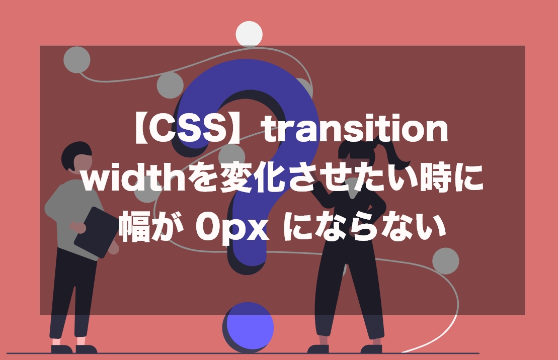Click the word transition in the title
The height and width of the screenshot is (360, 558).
click(x=356, y=128)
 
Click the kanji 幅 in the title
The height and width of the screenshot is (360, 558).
click(x=135, y=226)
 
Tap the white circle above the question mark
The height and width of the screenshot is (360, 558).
click(x=249, y=34)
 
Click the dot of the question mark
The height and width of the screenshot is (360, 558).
click(x=249, y=326)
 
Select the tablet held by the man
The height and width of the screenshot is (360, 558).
click(x=96, y=231)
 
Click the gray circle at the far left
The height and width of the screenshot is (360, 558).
click(x=77, y=60)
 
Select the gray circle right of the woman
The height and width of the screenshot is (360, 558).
click(x=446, y=261)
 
